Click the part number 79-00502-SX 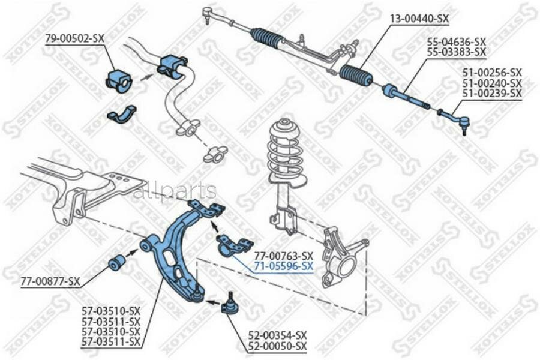pyautogui.click(x=75, y=38)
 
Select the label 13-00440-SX pyautogui.click(x=419, y=19)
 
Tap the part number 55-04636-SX pyautogui.click(x=456, y=42)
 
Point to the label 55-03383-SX pyautogui.click(x=456, y=52)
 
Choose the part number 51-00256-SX pyautogui.click(x=491, y=73)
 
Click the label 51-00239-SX pyautogui.click(x=491, y=94)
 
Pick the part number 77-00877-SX pyautogui.click(x=50, y=280)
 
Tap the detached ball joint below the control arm pyautogui.click(x=229, y=304)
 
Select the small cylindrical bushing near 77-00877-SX pyautogui.click(x=116, y=262)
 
